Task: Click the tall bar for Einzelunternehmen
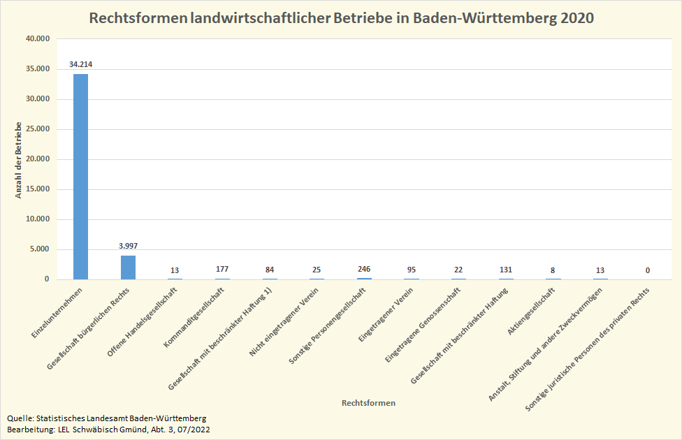pos(81,176)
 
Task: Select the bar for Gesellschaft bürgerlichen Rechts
pos(128,267)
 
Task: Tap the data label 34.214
pos(81,64)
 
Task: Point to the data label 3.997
pos(128,246)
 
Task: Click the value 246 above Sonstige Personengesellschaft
pos(364,269)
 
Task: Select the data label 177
pos(223,270)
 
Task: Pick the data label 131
pos(506,270)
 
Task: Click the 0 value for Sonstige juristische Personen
pos(648,270)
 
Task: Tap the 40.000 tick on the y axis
pos(37,39)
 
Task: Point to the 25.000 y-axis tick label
pos(37,129)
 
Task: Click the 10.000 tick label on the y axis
pos(37,219)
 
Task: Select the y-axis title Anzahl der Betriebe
pos(18,160)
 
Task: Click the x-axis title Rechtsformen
pos(368,404)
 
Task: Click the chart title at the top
pos(341,18)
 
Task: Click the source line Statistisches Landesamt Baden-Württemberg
pos(106,418)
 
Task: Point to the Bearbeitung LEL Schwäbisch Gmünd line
pos(108,429)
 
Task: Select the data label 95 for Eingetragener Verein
pos(412,270)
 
